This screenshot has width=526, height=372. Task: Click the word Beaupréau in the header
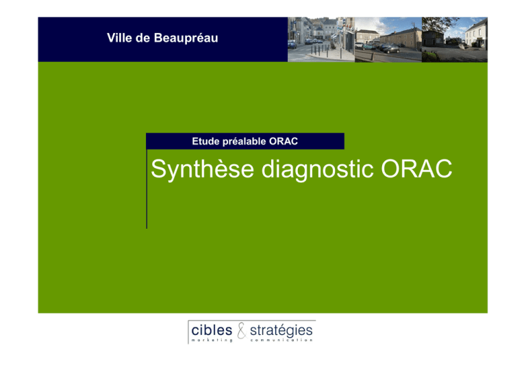click(186, 38)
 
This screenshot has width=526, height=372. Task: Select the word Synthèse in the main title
click(202, 169)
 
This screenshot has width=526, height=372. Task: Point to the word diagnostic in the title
click(317, 169)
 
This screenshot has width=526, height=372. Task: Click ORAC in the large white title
click(416, 169)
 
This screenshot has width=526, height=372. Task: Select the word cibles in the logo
click(212, 330)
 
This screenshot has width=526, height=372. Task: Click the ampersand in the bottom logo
click(241, 330)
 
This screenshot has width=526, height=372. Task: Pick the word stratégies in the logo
click(281, 331)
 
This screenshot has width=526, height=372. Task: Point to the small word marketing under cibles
click(212, 340)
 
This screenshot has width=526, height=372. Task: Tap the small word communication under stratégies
click(281, 340)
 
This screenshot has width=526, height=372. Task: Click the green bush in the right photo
click(430, 57)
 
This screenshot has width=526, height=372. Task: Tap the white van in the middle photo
click(359, 45)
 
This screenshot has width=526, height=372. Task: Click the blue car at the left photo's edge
click(292, 44)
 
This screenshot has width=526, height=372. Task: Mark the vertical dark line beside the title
click(147, 189)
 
